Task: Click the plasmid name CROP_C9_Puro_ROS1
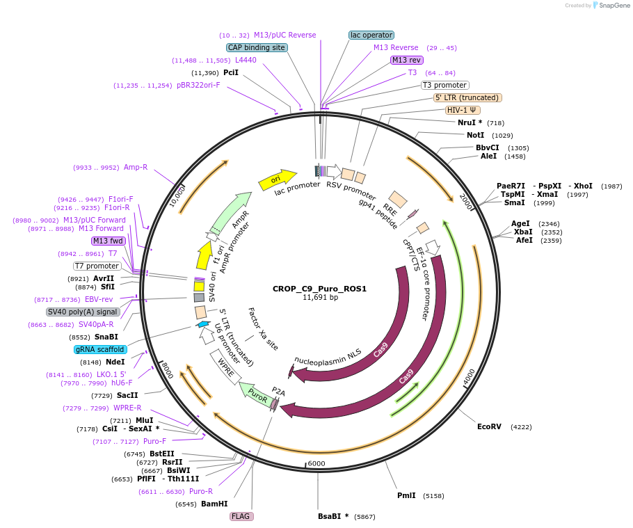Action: coord(319,289)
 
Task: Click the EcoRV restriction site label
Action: coord(489,426)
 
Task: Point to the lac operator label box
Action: coord(371,35)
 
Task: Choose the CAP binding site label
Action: coord(257,47)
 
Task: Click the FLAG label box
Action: coord(241,516)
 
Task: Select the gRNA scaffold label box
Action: coord(100,349)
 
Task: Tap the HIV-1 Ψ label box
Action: coord(463,110)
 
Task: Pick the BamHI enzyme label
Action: coord(215,504)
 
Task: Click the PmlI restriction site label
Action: coord(406,495)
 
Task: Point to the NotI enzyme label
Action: coord(476,135)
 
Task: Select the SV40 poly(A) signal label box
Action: coord(83,312)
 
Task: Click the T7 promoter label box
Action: coord(97,266)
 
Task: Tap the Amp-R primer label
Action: coord(136,167)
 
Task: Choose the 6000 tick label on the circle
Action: coord(316,463)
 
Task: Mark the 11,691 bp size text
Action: coord(320,298)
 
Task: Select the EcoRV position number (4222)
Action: coord(520,426)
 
